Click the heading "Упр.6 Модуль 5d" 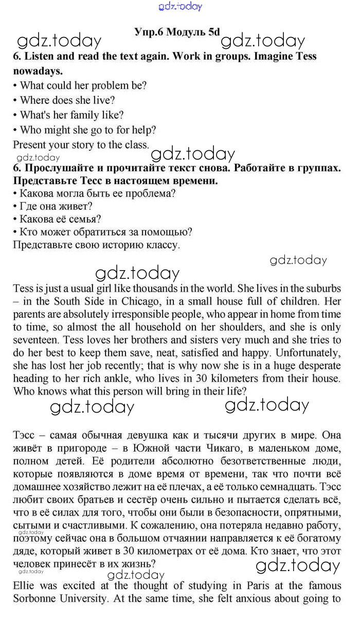(176, 32)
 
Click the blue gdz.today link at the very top (181, 6)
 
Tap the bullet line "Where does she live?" (67, 100)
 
